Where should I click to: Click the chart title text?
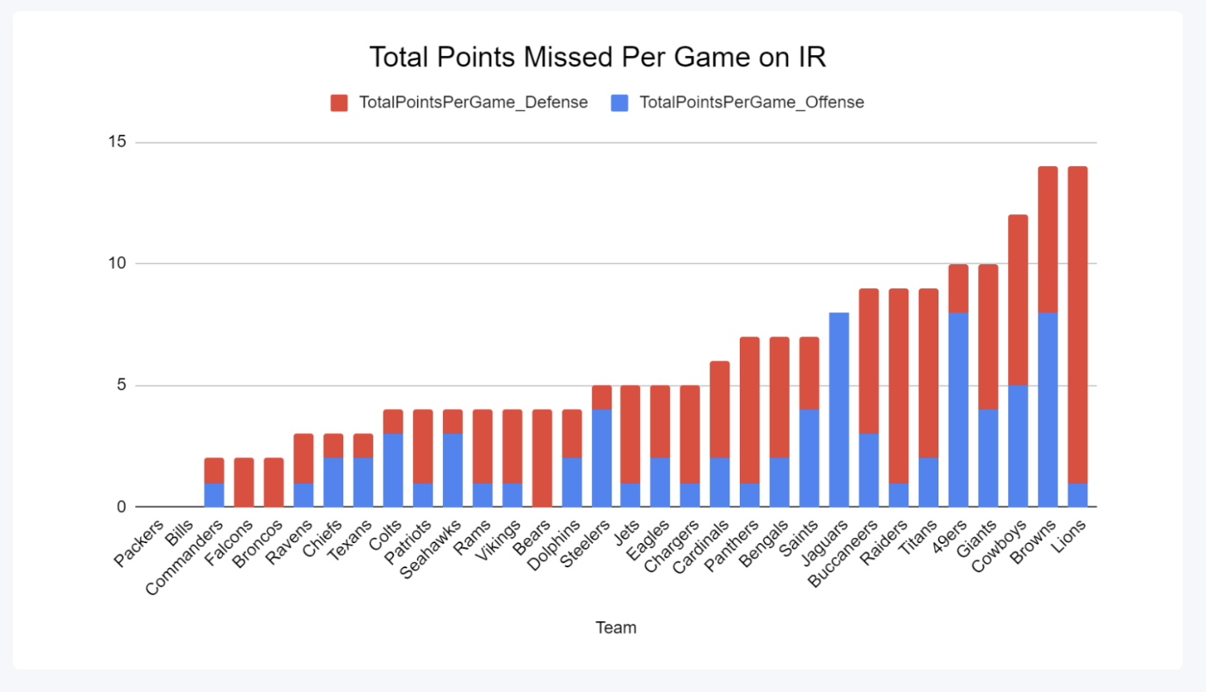click(x=598, y=57)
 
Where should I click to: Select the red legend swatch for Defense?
click(x=339, y=103)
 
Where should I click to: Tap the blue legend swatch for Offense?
click(x=619, y=103)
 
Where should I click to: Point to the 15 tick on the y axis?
click(x=116, y=142)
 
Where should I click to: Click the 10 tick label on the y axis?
click(x=116, y=263)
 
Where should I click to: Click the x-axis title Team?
click(x=616, y=627)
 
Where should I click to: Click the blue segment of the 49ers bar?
click(x=958, y=410)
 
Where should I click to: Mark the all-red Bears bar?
click(x=540, y=458)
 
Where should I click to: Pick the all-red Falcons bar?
click(x=243, y=482)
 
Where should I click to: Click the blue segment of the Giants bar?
click(x=988, y=458)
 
